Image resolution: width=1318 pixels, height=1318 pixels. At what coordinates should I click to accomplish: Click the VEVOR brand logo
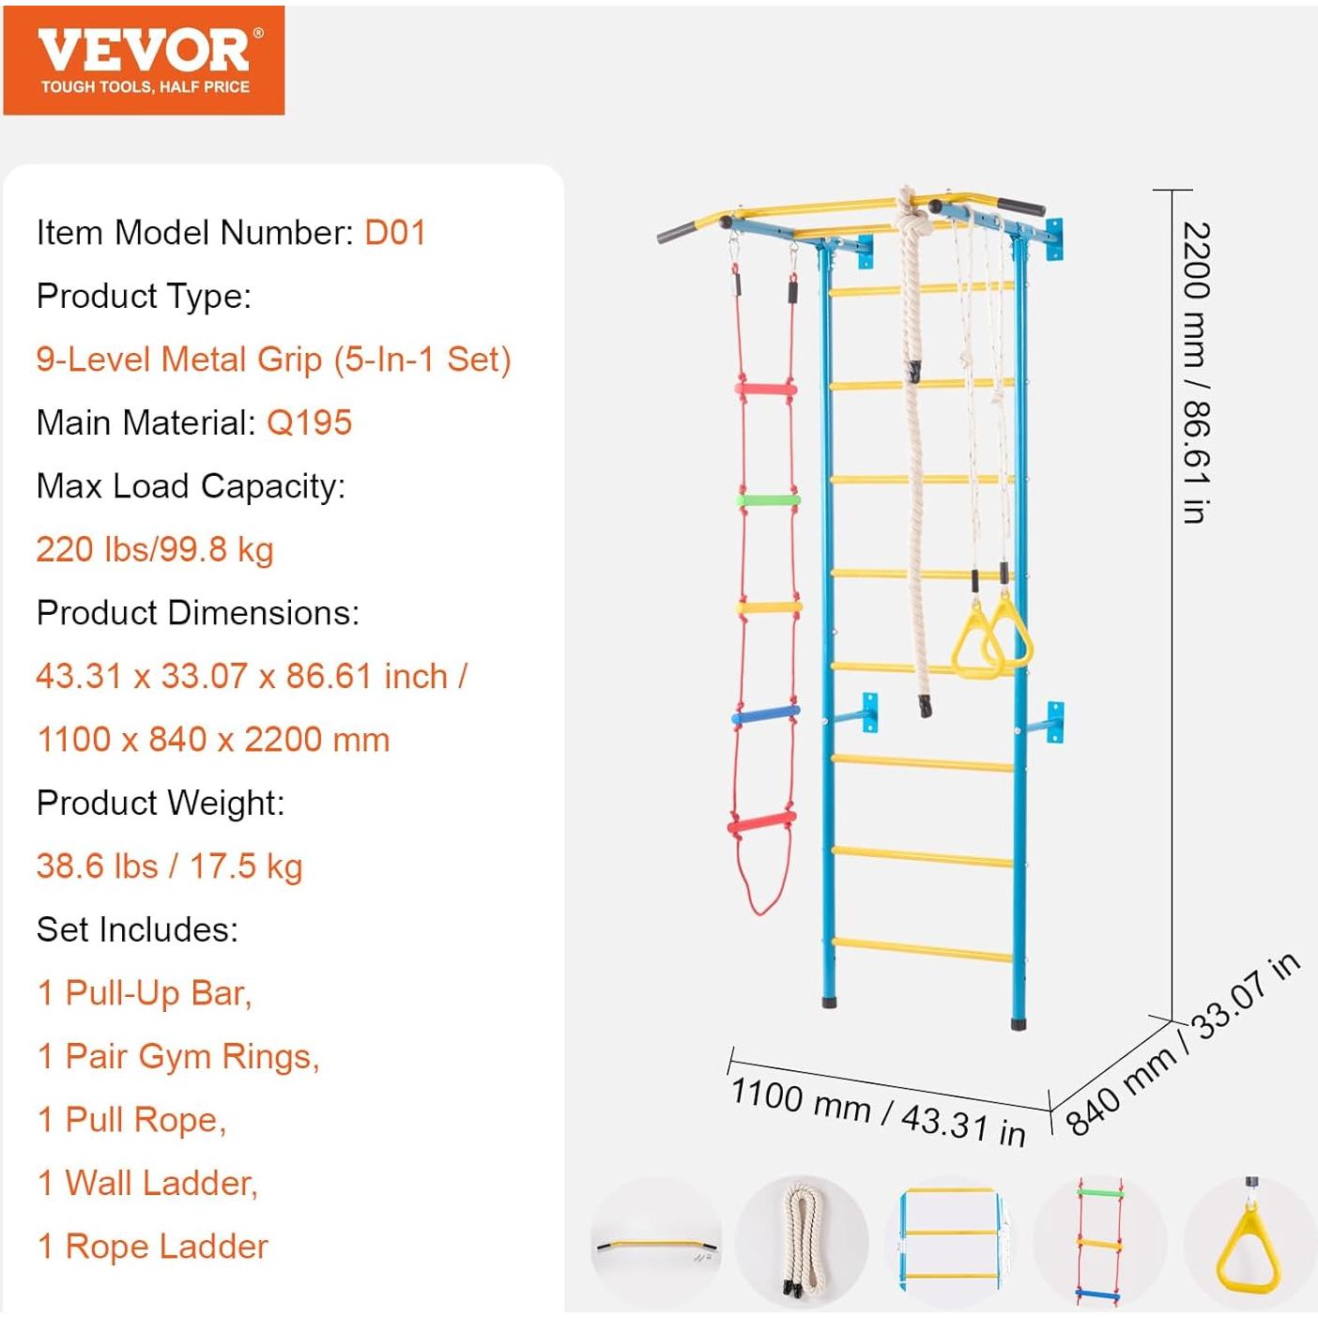click(x=144, y=60)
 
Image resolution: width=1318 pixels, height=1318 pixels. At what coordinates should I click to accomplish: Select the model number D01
click(x=395, y=233)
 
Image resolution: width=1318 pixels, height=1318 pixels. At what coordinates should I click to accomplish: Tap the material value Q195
click(x=309, y=422)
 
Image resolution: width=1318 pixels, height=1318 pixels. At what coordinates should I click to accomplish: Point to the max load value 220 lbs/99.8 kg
click(x=155, y=549)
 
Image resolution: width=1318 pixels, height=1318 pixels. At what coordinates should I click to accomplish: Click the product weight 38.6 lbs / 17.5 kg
click(x=169, y=866)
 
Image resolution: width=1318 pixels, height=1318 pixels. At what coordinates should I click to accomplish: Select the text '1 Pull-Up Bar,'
click(x=145, y=993)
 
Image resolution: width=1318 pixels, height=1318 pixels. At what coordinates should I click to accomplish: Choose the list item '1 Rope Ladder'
click(x=152, y=1247)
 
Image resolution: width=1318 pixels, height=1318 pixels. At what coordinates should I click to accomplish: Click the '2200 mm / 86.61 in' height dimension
click(x=1196, y=373)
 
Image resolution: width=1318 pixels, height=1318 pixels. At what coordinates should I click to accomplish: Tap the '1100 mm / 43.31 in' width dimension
click(x=878, y=1111)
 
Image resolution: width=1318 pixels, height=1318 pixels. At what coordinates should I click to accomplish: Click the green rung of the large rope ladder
click(x=768, y=499)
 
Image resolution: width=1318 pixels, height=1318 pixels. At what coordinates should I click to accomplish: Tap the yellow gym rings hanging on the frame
click(x=991, y=639)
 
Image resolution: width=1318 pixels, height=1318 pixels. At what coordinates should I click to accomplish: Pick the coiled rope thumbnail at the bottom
click(x=802, y=1241)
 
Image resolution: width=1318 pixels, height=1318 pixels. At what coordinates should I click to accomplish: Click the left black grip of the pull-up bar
click(x=678, y=231)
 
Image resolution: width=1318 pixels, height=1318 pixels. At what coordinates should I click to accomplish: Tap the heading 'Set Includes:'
click(x=137, y=929)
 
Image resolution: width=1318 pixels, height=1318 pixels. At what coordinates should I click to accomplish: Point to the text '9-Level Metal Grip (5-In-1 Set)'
click(x=273, y=360)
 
